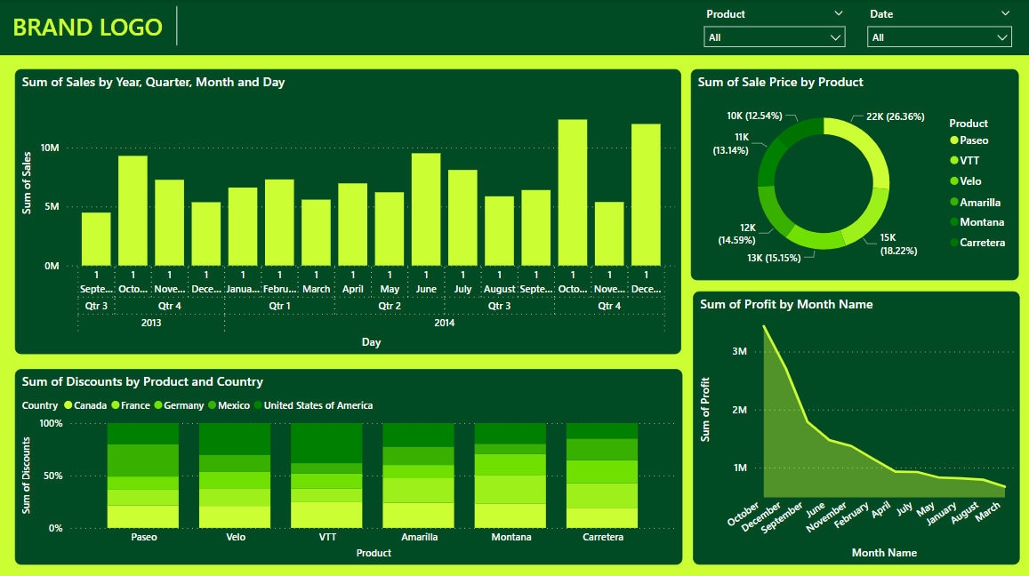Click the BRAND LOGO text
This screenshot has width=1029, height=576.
click(x=87, y=27)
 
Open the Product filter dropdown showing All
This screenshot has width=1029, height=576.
click(x=774, y=37)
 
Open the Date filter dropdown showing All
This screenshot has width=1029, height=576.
click(x=939, y=37)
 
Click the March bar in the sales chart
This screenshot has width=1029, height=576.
click(x=316, y=232)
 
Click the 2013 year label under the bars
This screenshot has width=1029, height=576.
click(x=151, y=323)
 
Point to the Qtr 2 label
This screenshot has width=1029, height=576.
click(x=390, y=305)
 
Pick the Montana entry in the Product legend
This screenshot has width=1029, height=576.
click(x=982, y=222)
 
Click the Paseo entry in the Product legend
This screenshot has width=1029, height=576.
click(x=974, y=140)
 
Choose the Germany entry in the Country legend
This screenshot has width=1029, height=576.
click(x=182, y=405)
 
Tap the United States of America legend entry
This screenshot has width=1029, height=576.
click(x=318, y=405)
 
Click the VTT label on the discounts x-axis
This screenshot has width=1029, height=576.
click(x=326, y=537)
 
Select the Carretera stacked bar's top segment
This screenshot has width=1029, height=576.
click(x=602, y=430)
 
